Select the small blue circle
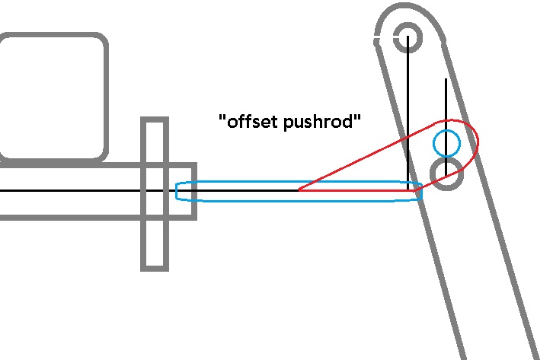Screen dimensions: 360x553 coord(446,142)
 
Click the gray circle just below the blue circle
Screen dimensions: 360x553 coord(446,174)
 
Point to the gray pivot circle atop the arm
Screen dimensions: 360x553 coord(408,36)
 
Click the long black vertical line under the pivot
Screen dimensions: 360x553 coord(408,114)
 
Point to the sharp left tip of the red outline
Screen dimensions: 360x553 coord(298,190)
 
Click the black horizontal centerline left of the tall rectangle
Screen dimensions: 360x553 coord(69,190)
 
